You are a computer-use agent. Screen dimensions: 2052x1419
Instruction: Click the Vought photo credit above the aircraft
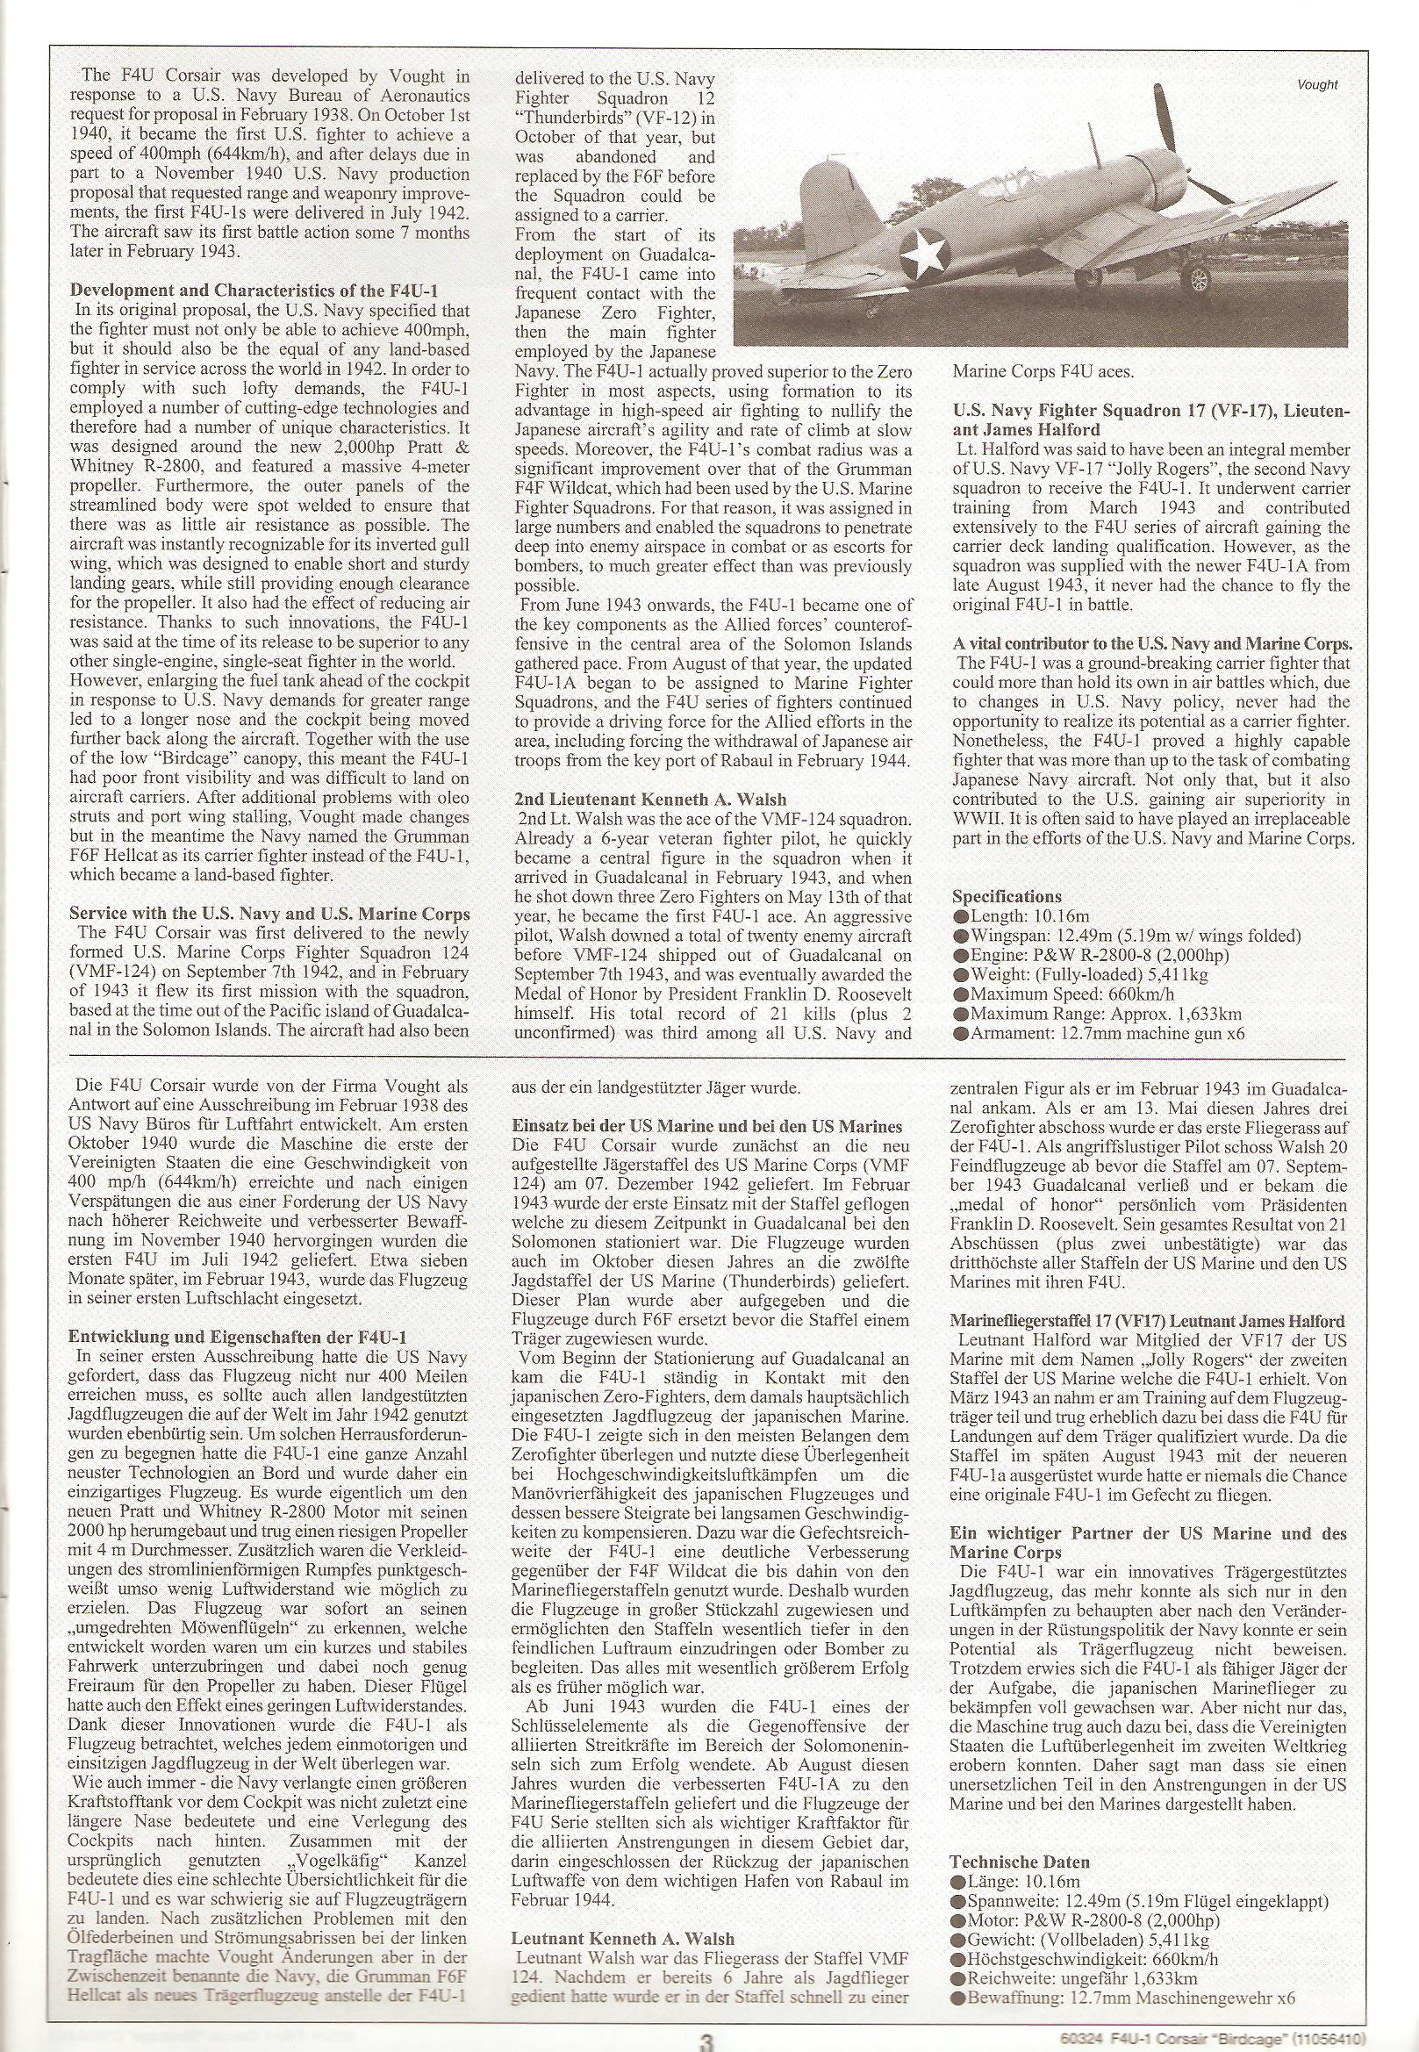pyautogui.click(x=1316, y=85)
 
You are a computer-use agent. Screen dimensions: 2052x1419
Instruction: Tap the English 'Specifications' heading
pyautogui.click(x=1007, y=896)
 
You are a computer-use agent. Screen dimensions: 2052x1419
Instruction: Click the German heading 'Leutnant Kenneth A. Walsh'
pyautogui.click(x=623, y=1931)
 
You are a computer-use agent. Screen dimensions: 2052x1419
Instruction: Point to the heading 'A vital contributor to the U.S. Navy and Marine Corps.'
pyautogui.click(x=1152, y=642)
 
